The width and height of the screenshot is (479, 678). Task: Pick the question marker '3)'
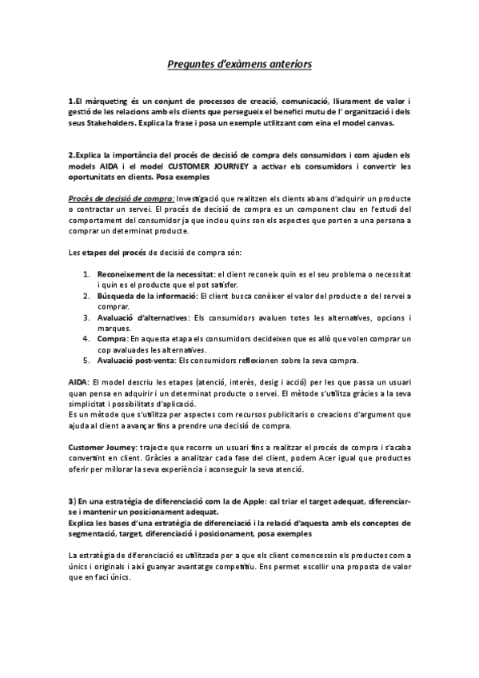pos(72,501)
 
